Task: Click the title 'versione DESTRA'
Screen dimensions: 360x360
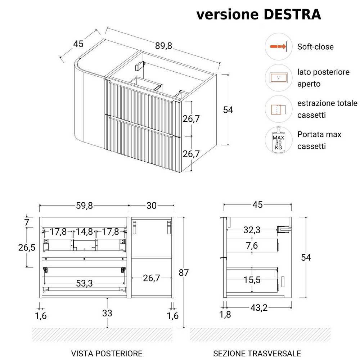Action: pyautogui.click(x=258, y=14)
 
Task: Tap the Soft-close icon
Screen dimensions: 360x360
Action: pyautogui.click(x=278, y=46)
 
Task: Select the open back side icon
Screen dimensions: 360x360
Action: pyautogui.click(x=278, y=77)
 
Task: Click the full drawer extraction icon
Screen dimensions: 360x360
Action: pyautogui.click(x=278, y=109)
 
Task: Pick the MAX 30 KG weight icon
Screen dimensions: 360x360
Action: pyautogui.click(x=278, y=140)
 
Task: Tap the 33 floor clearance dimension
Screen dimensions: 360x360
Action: pyautogui.click(x=107, y=313)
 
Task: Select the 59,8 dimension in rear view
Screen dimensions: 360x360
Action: pyautogui.click(x=84, y=206)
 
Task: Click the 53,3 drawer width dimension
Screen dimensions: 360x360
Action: pyautogui.click(x=84, y=284)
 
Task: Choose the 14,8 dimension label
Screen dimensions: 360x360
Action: pyautogui.click(x=84, y=231)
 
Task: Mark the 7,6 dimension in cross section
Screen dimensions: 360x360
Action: pyautogui.click(x=252, y=246)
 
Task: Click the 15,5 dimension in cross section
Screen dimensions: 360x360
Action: pyautogui.click(x=252, y=280)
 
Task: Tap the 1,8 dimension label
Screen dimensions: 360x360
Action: pyautogui.click(x=225, y=315)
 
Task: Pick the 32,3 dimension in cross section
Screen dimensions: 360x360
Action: pyautogui.click(x=252, y=229)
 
